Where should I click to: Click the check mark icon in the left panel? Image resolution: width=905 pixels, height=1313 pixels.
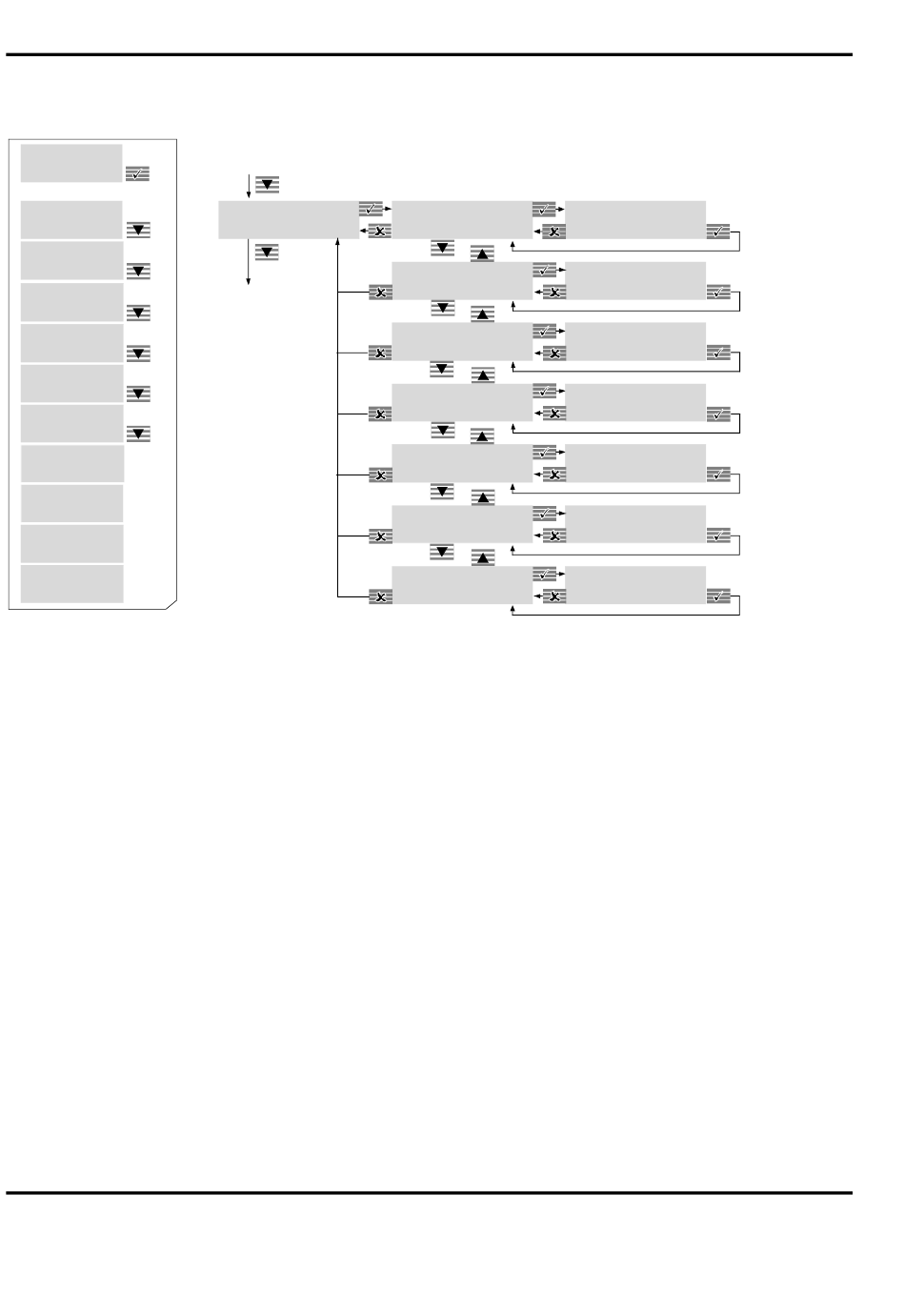[x=137, y=174]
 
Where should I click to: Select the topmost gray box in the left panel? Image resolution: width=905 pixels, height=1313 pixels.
[x=71, y=163]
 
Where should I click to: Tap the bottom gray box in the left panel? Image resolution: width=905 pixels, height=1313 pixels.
[x=71, y=584]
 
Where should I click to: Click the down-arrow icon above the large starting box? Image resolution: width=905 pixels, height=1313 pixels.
[x=267, y=185]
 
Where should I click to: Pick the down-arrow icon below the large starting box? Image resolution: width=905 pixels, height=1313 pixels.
[x=267, y=252]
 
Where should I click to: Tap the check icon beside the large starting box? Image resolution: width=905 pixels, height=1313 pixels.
[x=371, y=209]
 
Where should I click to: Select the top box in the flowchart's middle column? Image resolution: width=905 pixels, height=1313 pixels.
[x=461, y=219]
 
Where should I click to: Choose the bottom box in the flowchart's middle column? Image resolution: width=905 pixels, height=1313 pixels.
[x=461, y=585]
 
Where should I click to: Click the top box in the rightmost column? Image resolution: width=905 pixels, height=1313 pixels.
[x=634, y=219]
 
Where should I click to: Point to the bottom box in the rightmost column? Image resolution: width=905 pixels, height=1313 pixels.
[x=634, y=585]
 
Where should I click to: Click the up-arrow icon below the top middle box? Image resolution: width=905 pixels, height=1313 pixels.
[x=482, y=254]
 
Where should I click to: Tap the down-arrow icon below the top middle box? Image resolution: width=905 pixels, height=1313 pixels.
[x=442, y=248]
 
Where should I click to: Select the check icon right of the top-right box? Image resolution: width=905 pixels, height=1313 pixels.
[x=718, y=232]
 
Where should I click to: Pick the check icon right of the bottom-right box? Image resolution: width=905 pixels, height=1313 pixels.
[x=718, y=596]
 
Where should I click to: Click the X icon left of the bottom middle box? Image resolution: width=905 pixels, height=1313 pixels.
[x=380, y=597]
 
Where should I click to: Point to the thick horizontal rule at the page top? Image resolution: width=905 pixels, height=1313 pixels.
[x=429, y=55]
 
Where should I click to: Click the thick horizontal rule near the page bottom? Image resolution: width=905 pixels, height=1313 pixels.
[x=429, y=1192]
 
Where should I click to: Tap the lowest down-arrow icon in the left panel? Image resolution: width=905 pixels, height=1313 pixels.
[x=138, y=434]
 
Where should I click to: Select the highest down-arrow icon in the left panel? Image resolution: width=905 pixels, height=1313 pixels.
[x=138, y=231]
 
